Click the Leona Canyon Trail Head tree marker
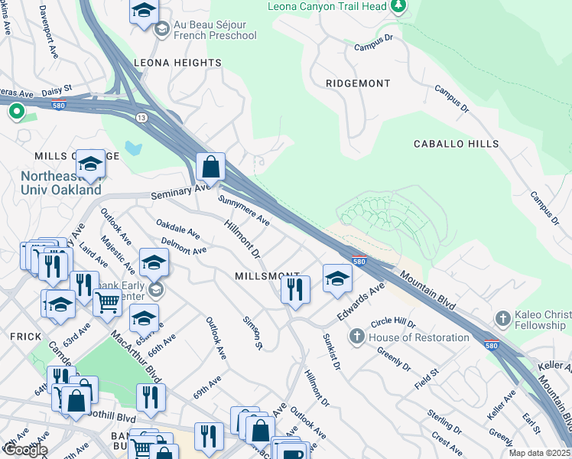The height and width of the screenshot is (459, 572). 398,7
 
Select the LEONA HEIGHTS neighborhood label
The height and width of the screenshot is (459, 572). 177,63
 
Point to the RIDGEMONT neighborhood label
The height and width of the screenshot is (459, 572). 358,83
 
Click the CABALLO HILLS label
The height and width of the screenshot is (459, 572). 456,144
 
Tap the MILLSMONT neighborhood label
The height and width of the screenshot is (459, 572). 267,275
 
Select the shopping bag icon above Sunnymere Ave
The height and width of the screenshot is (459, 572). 210,166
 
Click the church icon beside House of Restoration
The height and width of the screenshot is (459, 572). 357,337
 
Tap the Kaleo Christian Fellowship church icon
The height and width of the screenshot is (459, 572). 502,317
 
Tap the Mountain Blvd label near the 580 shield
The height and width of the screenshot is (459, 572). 427,292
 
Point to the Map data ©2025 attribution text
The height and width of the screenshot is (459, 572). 539,453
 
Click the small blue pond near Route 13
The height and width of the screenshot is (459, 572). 135,148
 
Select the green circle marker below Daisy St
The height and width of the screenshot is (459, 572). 16,112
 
